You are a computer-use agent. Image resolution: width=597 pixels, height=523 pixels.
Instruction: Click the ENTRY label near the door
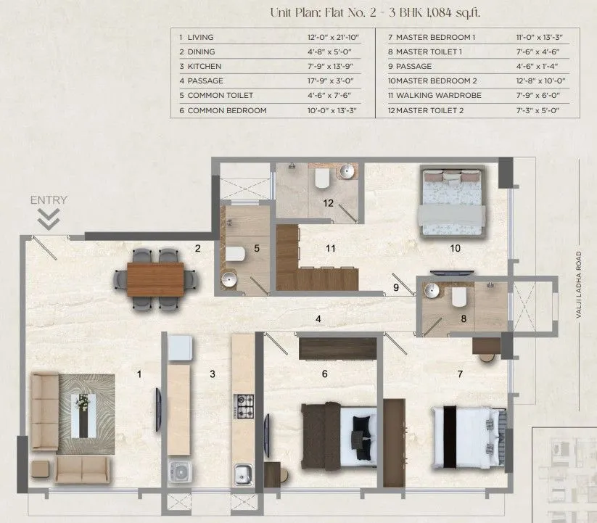49,200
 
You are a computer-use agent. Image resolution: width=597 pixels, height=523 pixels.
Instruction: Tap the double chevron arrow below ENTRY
49,218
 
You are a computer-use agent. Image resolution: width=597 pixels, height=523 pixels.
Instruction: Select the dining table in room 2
155,279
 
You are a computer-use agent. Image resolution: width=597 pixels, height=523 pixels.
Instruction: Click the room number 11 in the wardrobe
330,249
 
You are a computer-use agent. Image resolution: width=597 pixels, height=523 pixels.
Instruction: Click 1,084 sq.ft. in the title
452,12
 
